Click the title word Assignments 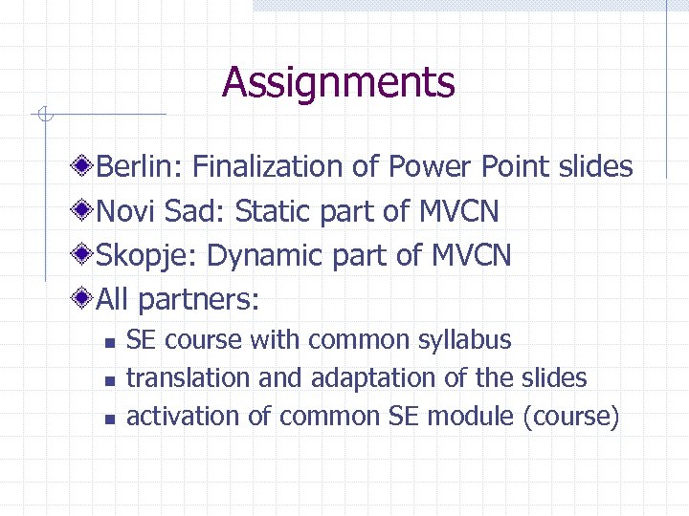pyautogui.click(x=338, y=82)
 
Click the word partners pyautogui.click(x=198, y=300)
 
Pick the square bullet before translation pyautogui.click(x=110, y=380)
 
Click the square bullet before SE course pyautogui.click(x=110, y=342)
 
